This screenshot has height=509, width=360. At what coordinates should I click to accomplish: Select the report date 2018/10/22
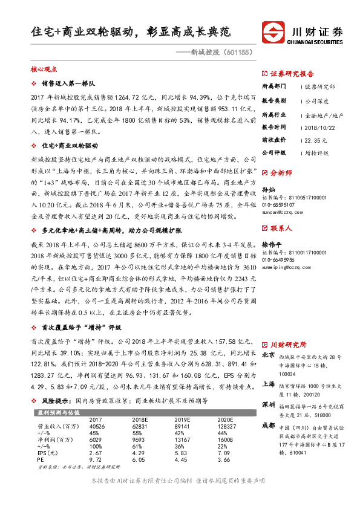319,128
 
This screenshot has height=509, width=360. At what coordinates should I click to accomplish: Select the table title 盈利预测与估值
51,412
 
